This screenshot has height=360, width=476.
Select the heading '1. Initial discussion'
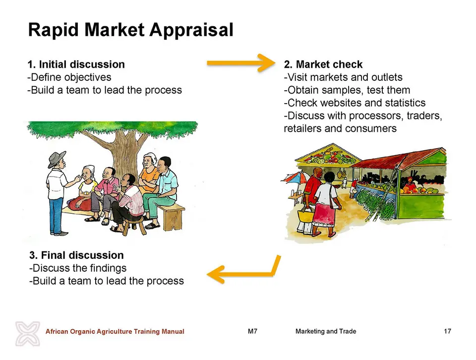(x=76, y=64)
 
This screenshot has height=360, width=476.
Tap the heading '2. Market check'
(x=323, y=64)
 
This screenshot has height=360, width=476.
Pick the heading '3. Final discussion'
(x=76, y=255)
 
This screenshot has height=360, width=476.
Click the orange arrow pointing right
(x=241, y=63)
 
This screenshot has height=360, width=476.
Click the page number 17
(x=447, y=331)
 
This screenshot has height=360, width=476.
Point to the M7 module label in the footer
(x=252, y=331)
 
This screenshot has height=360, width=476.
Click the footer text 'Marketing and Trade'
(x=326, y=331)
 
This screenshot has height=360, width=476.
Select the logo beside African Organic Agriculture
(x=28, y=334)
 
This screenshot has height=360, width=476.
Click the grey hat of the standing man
(x=57, y=159)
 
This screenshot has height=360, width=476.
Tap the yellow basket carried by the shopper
(x=306, y=215)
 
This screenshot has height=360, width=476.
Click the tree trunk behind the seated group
(x=124, y=155)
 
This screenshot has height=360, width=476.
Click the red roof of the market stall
(x=401, y=158)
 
